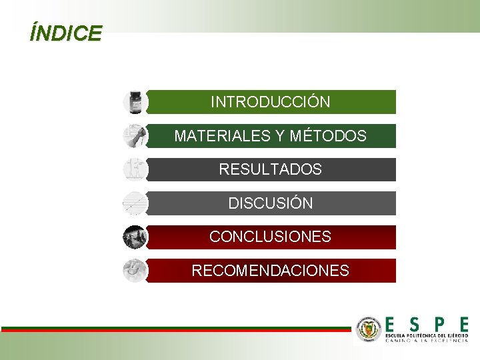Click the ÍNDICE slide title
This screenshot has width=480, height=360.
[x=65, y=33]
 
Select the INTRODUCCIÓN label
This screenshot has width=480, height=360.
[x=270, y=102]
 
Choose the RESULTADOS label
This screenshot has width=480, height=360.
[x=270, y=169]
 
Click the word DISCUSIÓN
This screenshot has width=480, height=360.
[x=270, y=203]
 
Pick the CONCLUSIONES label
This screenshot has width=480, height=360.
[x=270, y=237]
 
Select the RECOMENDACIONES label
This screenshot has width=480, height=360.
[x=270, y=271]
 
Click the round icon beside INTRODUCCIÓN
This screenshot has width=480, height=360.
[x=135, y=102]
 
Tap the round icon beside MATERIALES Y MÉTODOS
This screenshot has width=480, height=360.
[x=135, y=136]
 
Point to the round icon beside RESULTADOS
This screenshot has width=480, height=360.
[x=135, y=169]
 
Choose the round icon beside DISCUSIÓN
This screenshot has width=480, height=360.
[x=135, y=203]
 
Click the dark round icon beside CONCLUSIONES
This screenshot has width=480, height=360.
[x=135, y=237]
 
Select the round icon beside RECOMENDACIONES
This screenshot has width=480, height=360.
[x=135, y=271]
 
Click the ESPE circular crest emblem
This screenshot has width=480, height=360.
[x=369, y=329]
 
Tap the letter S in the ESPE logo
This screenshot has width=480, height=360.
[x=415, y=325]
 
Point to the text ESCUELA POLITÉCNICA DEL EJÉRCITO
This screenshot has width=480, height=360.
[x=427, y=335]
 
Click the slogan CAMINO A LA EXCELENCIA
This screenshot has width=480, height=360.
[x=427, y=341]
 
